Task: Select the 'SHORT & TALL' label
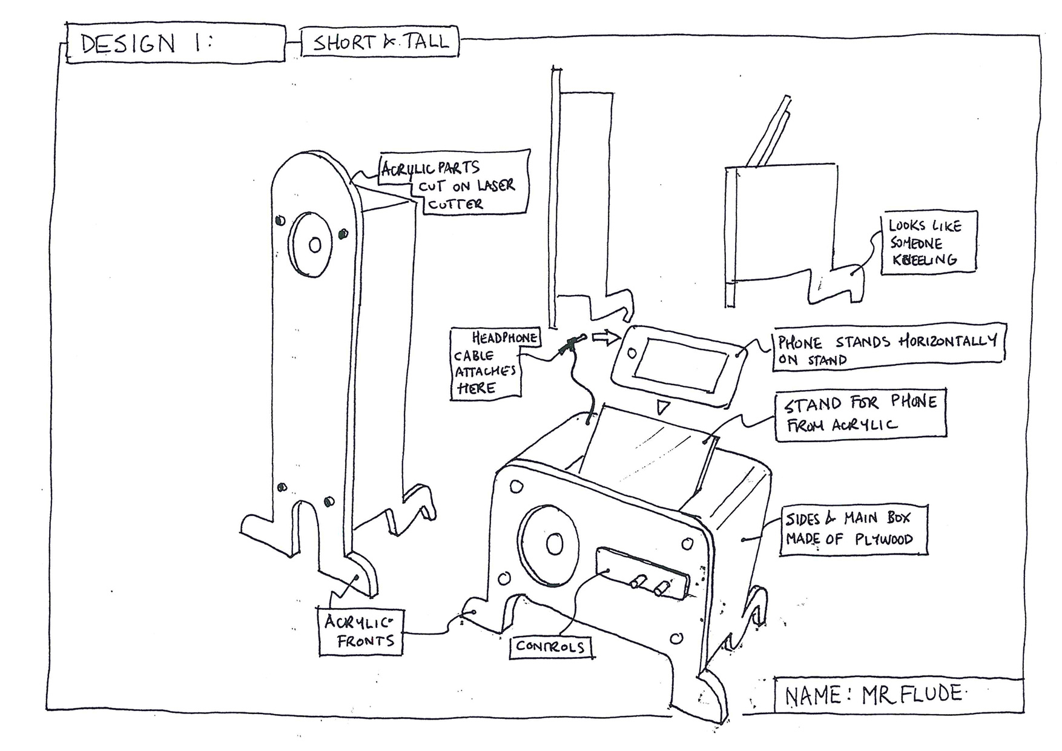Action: (x=380, y=42)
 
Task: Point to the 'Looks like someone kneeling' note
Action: (x=928, y=242)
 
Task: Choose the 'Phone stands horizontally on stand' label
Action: (x=888, y=350)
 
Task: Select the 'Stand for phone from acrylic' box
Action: (x=860, y=414)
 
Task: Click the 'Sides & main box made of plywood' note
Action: (x=853, y=530)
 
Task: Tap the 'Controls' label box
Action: (x=550, y=647)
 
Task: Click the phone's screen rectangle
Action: (x=684, y=365)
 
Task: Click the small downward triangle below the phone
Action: (x=663, y=406)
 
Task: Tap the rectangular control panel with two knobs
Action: (x=642, y=573)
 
